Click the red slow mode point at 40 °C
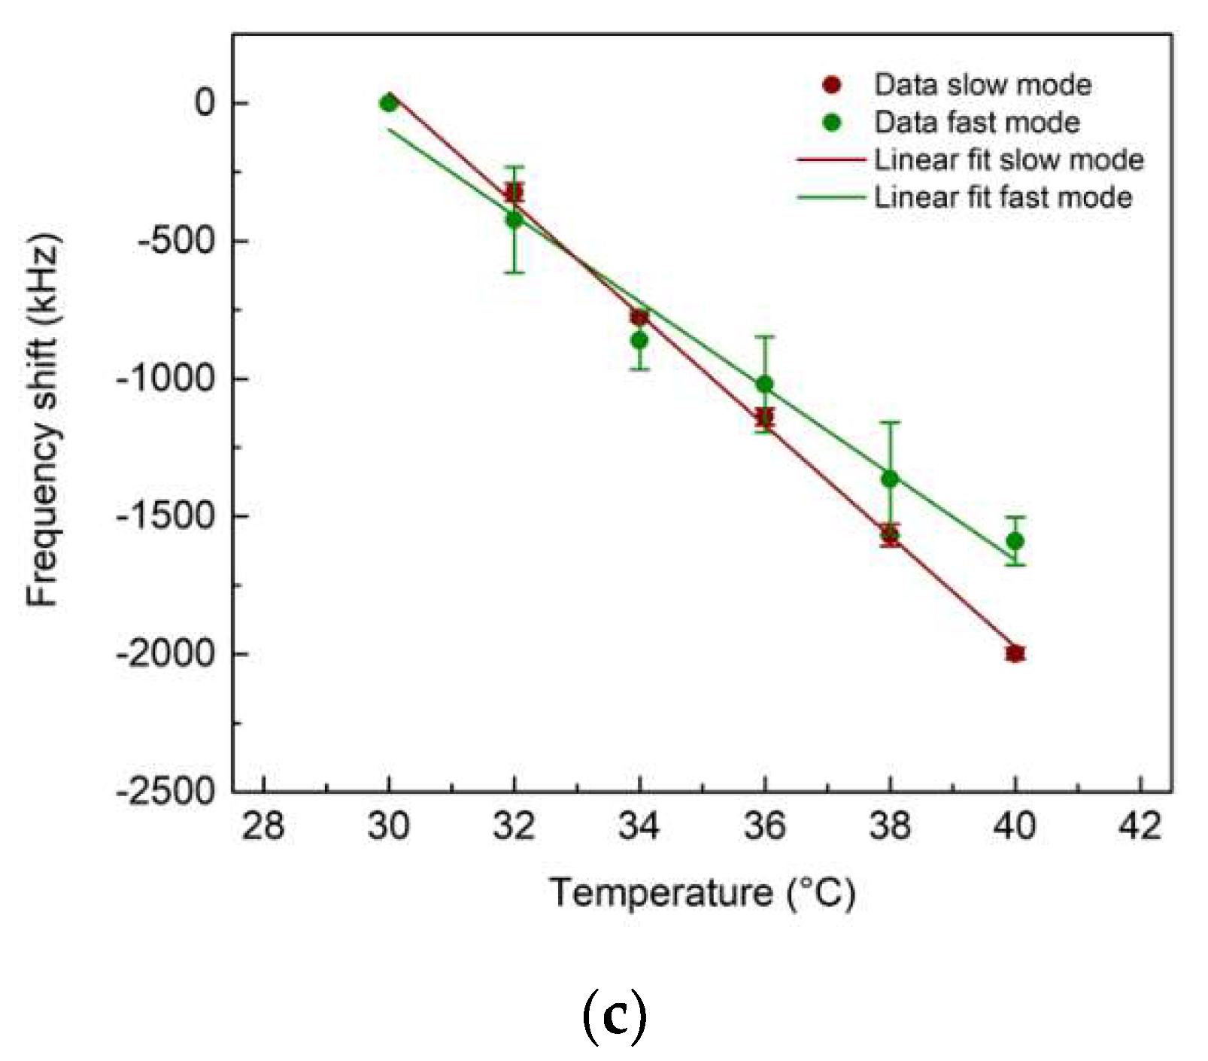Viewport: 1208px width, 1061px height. (x=1015, y=653)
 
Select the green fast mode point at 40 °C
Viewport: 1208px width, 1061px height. (x=1015, y=541)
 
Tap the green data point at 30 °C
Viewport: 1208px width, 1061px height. (x=388, y=103)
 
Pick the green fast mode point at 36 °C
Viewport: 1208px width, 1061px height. (x=764, y=385)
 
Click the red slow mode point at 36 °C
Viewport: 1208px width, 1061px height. (x=764, y=418)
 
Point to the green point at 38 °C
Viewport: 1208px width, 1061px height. (x=890, y=479)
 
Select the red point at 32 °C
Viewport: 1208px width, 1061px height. (x=514, y=192)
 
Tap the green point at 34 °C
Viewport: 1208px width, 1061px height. (x=639, y=340)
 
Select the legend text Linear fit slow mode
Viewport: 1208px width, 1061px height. (x=1008, y=160)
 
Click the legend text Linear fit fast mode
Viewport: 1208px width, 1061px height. (x=1003, y=197)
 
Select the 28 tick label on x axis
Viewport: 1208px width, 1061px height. (x=263, y=826)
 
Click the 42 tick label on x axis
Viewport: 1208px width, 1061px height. (x=1140, y=826)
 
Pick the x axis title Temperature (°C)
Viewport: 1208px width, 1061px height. (x=702, y=893)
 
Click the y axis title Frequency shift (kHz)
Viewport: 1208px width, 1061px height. (x=43, y=421)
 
